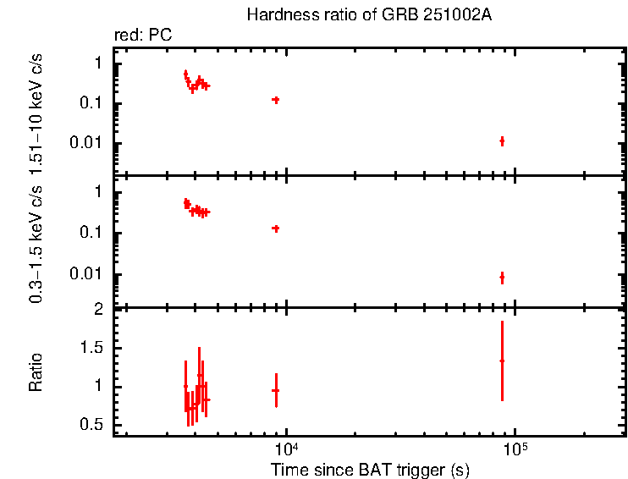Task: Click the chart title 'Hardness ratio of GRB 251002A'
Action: pos(368,16)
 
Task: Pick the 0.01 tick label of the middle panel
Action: pos(90,273)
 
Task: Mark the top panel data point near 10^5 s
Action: pos(502,140)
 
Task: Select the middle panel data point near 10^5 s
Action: pos(502,277)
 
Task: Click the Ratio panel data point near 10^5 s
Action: pos(502,361)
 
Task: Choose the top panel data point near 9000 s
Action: pos(275,100)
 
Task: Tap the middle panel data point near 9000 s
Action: pos(275,228)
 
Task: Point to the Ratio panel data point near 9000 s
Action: pos(275,390)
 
